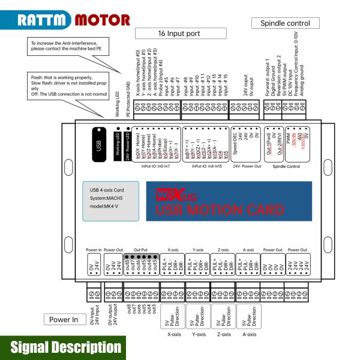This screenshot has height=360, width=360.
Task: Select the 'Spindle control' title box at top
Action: click(285, 23)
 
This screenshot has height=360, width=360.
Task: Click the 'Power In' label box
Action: click(64, 320)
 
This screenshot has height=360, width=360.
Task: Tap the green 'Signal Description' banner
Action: click(66, 347)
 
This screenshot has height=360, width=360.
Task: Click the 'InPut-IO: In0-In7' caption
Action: click(155, 166)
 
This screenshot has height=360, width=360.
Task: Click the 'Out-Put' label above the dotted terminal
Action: click(140, 249)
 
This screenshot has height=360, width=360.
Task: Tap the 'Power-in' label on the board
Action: click(94, 249)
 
